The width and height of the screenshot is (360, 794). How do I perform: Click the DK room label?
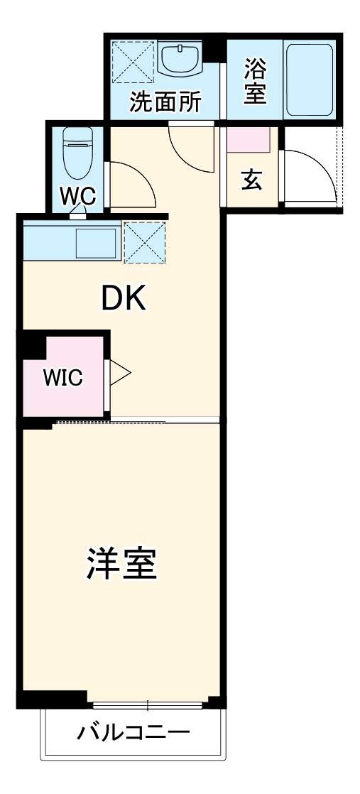pos(123,300)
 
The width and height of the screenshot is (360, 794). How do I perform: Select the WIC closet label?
pos(62,378)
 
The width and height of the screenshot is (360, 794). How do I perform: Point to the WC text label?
pos(78,195)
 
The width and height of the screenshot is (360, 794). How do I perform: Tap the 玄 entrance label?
pos(251,180)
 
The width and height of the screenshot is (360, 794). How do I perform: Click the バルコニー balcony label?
pos(133,732)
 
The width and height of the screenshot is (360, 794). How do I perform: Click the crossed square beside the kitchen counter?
pos(144,242)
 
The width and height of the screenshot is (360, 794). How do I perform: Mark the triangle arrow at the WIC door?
pos(120,373)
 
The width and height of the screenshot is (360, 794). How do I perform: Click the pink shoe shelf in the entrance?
pos(249,140)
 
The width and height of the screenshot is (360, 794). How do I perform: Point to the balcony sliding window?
pos(148,706)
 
